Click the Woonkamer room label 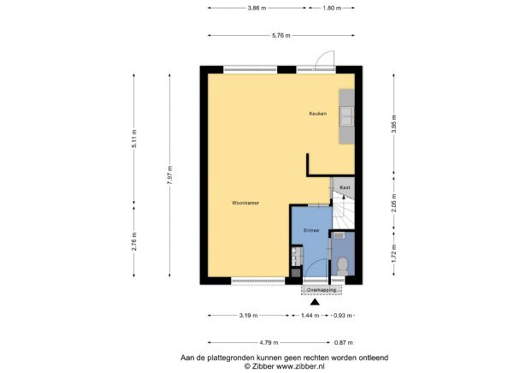[245, 203]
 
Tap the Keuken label [318, 114]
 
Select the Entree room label [310, 230]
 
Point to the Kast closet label [345, 186]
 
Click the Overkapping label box [322, 290]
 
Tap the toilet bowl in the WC [342, 264]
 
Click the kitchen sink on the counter [347, 114]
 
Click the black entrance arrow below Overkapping [316, 302]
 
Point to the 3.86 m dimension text [253, 9]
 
